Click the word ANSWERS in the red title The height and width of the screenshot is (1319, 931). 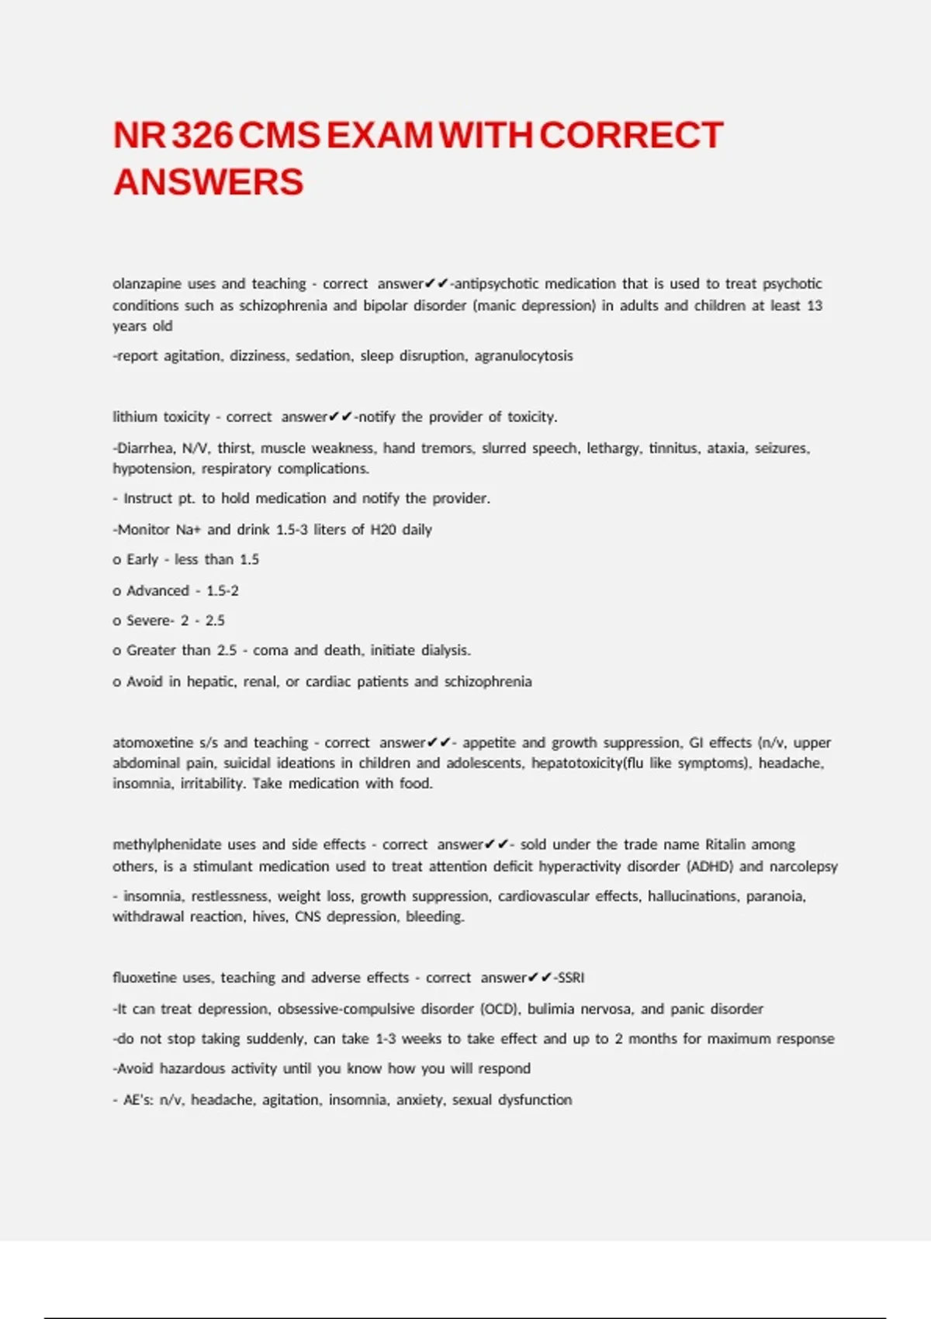[x=208, y=182]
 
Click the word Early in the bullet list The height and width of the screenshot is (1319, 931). [x=142, y=559]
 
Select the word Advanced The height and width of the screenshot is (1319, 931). [x=157, y=590]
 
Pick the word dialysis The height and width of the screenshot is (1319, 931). [x=445, y=650]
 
